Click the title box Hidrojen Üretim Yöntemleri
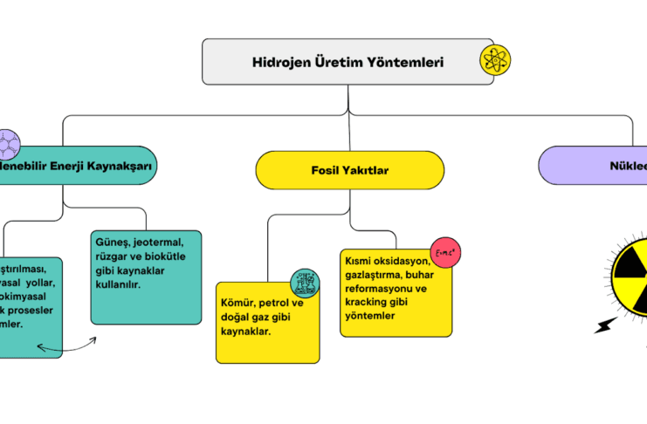coord(348,62)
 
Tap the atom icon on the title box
coord(496,60)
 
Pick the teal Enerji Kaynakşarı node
coord(74,165)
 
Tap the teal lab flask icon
coord(305,283)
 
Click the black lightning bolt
coord(604,325)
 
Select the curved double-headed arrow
coord(66,347)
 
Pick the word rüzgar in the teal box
coord(113,256)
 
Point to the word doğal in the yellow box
coord(238,318)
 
